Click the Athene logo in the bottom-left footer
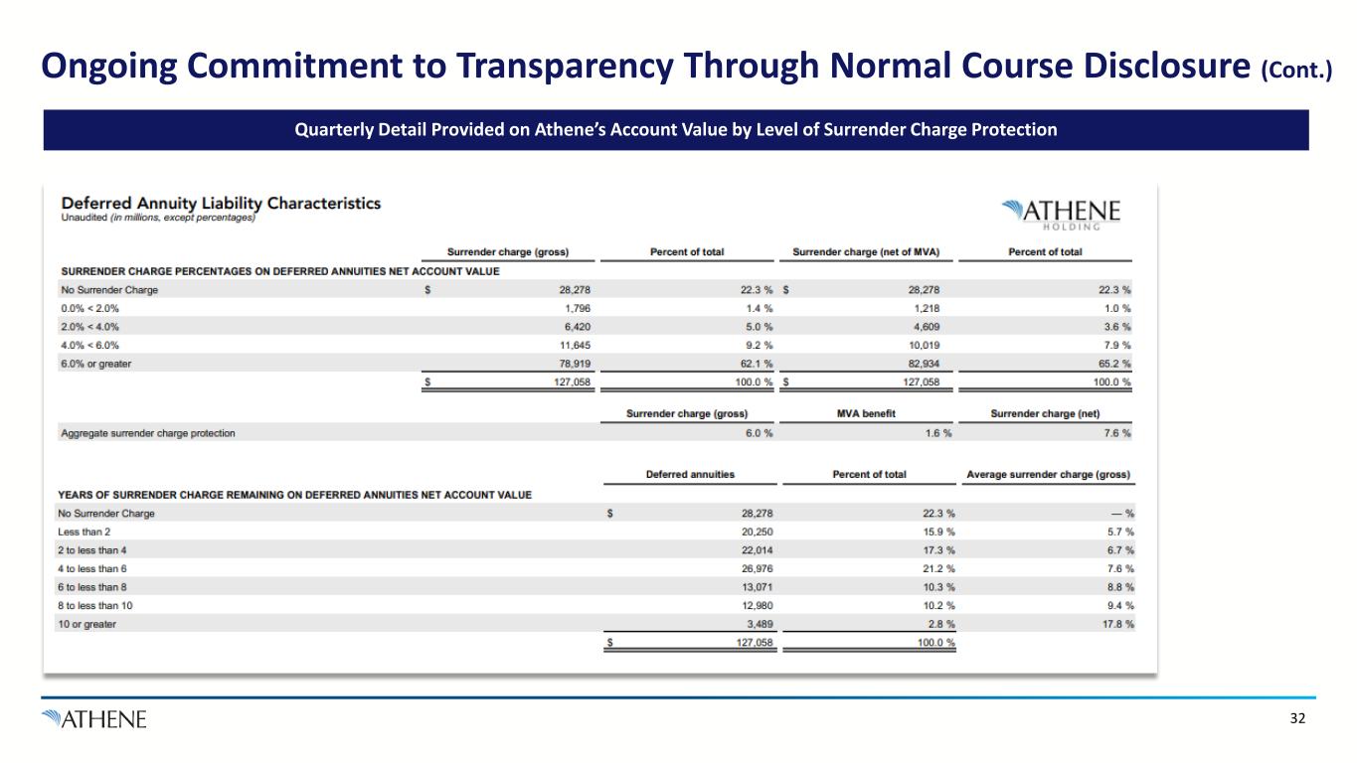(x=94, y=718)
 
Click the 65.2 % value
(x=1112, y=364)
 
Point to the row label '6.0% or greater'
(x=96, y=364)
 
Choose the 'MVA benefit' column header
(x=868, y=413)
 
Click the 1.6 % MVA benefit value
(x=936, y=433)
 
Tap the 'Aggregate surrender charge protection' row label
(x=148, y=433)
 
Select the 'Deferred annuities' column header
(x=690, y=474)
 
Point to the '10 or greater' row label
(x=86, y=624)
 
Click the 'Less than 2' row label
(x=84, y=532)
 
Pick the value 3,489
(x=759, y=624)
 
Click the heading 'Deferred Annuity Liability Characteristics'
(x=221, y=203)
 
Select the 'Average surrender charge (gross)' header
(x=1048, y=474)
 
